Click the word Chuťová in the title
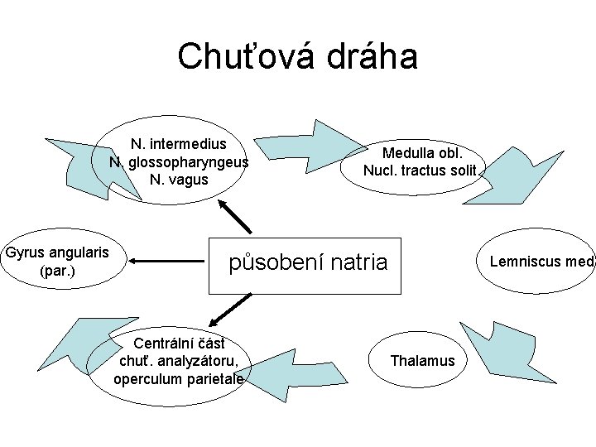pos(239,57)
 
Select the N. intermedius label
pos(179,144)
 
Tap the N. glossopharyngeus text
pos(179,162)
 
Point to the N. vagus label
pos(179,180)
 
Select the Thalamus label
pos(422,361)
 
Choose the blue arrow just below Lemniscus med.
pos(493,344)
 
